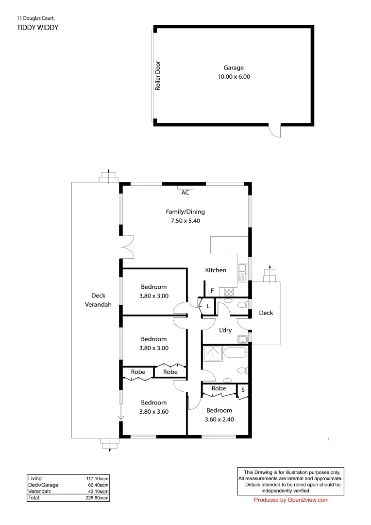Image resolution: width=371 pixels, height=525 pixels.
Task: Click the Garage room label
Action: coord(234,68)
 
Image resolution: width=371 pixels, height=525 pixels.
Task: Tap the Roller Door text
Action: coord(158,76)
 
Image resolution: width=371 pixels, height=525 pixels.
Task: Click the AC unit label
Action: coord(185,192)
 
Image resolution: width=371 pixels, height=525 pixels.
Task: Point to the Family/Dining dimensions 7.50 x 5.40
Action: coord(185,220)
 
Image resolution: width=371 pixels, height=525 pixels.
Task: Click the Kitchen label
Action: coord(216,270)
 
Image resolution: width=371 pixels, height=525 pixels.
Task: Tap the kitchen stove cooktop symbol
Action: coord(229,292)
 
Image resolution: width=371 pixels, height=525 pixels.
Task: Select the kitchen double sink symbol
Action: coord(242,270)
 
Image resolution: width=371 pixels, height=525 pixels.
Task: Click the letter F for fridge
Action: coord(212,291)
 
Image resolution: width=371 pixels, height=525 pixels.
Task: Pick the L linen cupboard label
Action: coord(208,306)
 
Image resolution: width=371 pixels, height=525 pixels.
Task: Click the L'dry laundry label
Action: coord(225,331)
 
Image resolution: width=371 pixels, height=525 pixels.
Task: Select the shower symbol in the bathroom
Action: coord(212,354)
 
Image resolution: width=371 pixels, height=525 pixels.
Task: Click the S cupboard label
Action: coord(243,390)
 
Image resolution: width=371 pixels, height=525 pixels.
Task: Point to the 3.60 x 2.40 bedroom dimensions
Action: coord(219,419)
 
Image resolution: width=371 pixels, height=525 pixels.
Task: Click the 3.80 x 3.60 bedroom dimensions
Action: coord(154,411)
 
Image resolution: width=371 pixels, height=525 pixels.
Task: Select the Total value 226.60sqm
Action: coord(97,498)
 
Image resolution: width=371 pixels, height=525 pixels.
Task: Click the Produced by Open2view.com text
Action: coord(291,500)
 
